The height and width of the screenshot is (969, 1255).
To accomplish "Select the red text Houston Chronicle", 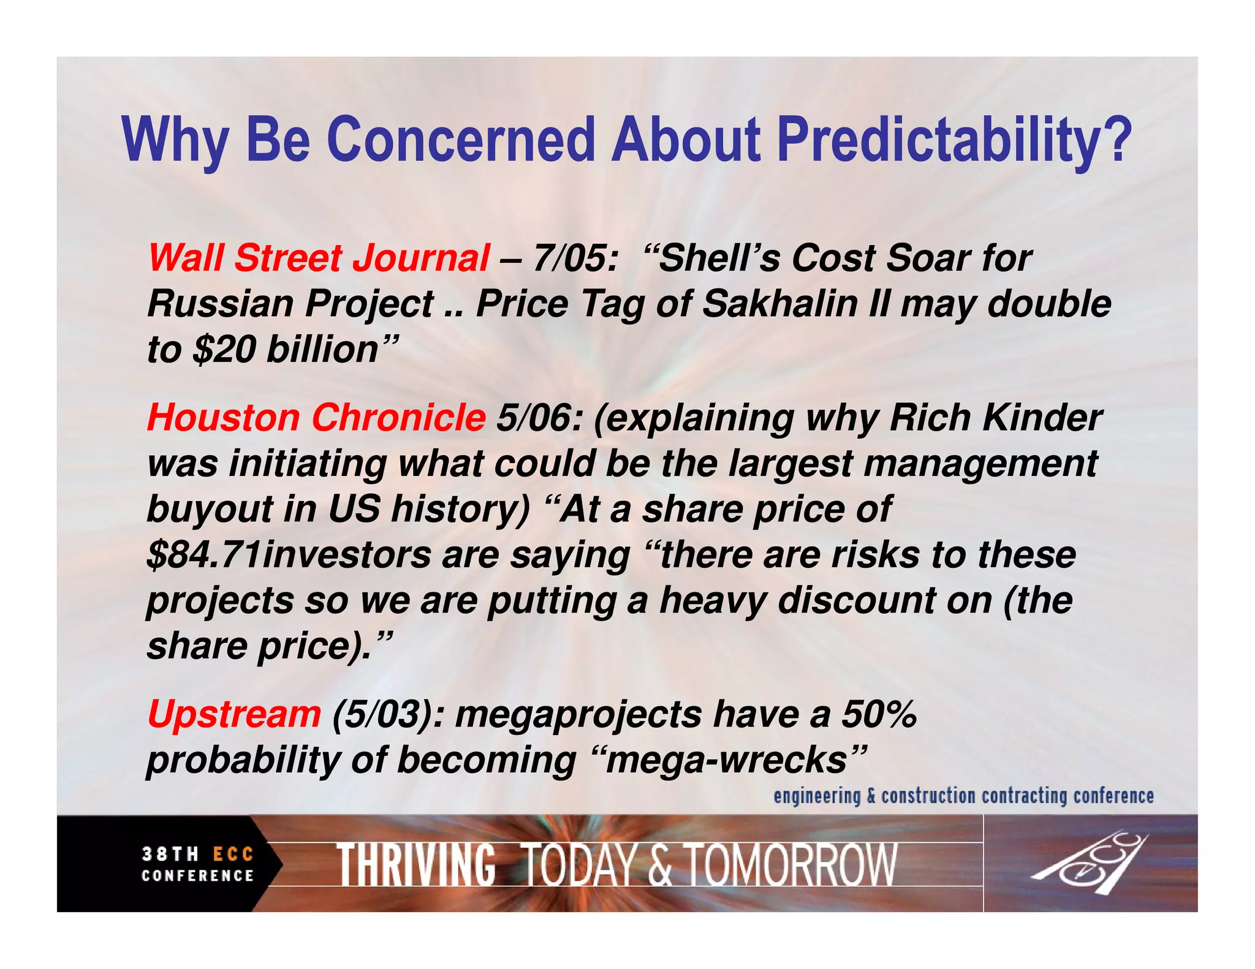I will tap(316, 418).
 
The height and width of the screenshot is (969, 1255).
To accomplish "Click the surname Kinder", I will tap(1041, 418).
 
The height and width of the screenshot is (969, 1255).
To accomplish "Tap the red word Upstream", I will tap(234, 714).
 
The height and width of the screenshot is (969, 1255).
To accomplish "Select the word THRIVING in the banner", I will tap(416, 864).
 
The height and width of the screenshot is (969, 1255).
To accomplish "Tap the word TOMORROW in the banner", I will tap(791, 864).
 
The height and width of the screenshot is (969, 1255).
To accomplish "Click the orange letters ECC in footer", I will tap(233, 854).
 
